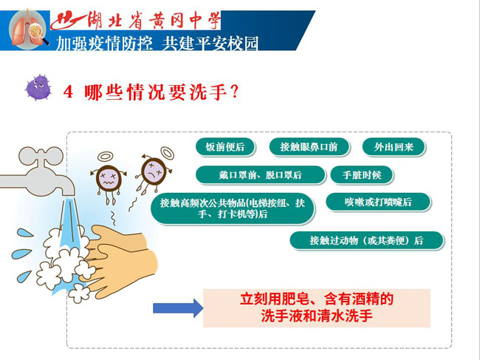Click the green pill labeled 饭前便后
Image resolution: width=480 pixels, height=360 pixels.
pyautogui.click(x=225, y=147)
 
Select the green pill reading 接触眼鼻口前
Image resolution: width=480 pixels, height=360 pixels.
pyautogui.click(x=309, y=147)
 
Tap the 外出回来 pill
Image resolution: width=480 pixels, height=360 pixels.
pyautogui.click(x=394, y=147)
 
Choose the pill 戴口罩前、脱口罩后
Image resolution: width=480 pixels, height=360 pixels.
pyautogui.click(x=260, y=175)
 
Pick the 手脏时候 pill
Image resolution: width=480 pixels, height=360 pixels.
pyautogui.click(x=362, y=175)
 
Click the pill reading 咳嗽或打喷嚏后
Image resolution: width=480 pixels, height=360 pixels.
pyautogui.click(x=378, y=202)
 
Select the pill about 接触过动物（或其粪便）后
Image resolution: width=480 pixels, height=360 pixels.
pyautogui.click(x=367, y=240)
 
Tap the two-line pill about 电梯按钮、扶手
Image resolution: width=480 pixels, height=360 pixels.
pyautogui.click(x=233, y=208)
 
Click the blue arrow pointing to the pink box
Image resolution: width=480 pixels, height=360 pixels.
pyautogui.click(x=178, y=308)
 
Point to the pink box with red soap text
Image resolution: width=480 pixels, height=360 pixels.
pyautogui.click(x=317, y=308)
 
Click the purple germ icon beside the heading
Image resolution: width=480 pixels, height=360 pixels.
pyautogui.click(x=38, y=87)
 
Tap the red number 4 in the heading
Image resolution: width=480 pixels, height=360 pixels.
pyautogui.click(x=68, y=92)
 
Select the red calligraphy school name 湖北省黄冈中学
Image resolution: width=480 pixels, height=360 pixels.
pyautogui.click(x=135, y=20)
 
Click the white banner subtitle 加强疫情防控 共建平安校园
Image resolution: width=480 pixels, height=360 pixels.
pyautogui.click(x=157, y=43)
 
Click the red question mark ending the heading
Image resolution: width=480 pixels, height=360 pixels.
pyautogui.click(x=235, y=92)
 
